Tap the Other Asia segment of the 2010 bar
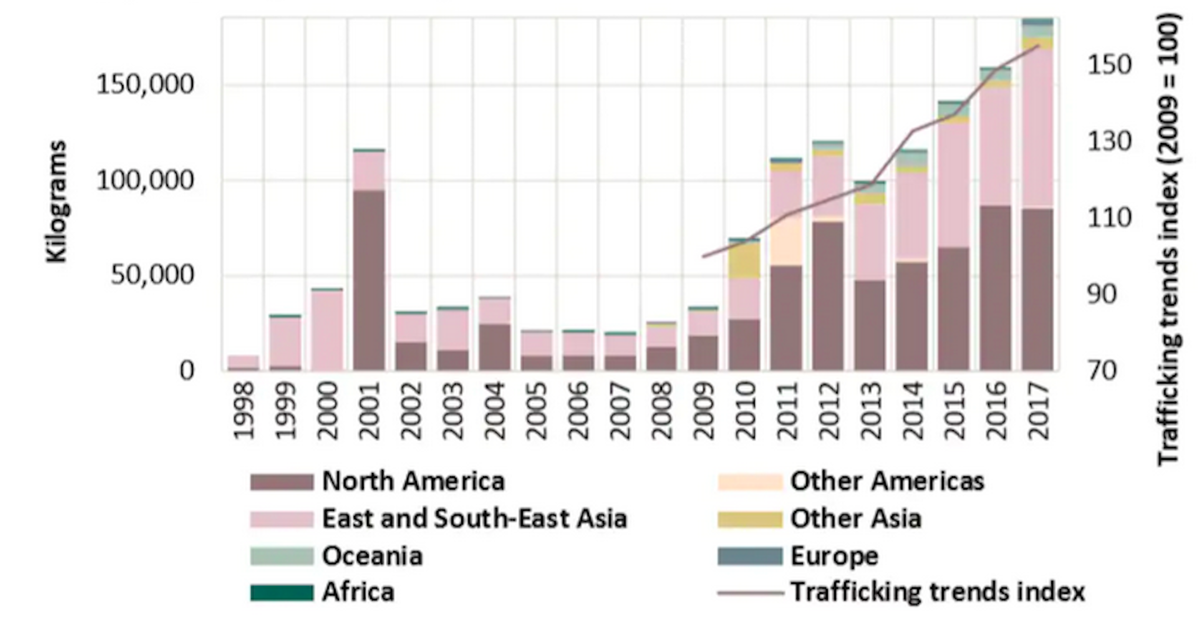coord(745,261)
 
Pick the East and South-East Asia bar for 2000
coord(327,330)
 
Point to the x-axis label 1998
coord(244,412)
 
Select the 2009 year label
coord(703,412)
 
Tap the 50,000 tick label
coord(153,275)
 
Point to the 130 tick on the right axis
coord(1109,142)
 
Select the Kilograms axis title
coord(57,201)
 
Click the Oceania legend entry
coord(372,556)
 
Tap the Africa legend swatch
coord(282,592)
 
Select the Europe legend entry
coord(834,556)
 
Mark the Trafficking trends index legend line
coord(750,592)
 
